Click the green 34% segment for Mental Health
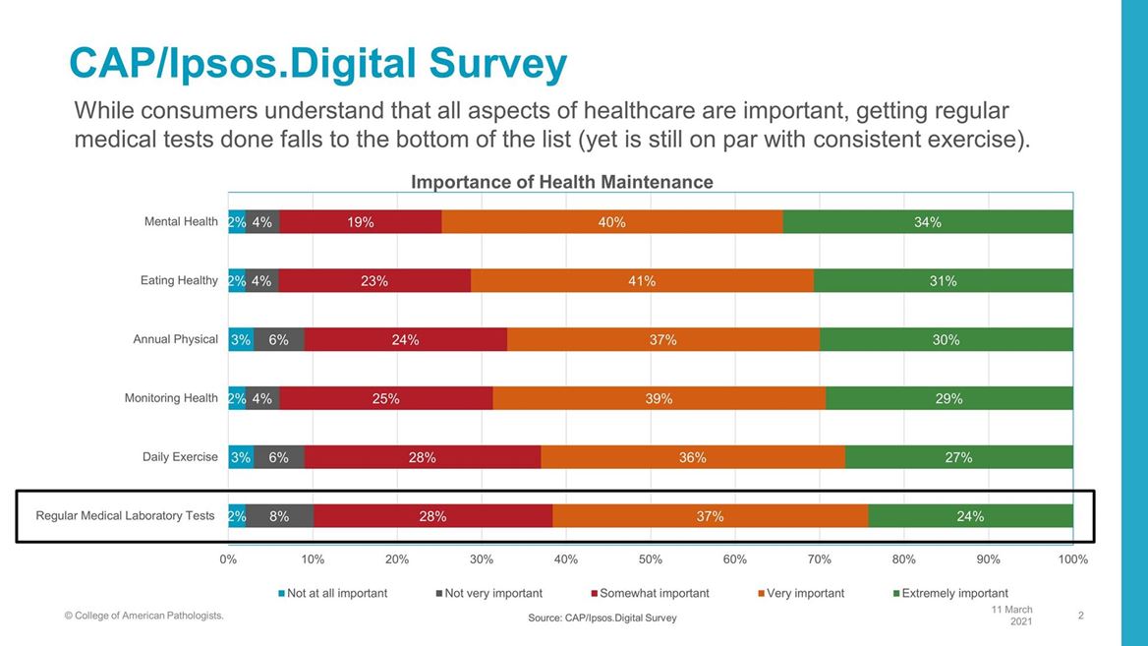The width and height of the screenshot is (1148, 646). (927, 222)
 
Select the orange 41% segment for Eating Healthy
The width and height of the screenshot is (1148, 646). (642, 281)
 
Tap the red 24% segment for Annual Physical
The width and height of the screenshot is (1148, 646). (405, 340)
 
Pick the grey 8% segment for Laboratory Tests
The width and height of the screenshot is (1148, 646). (279, 516)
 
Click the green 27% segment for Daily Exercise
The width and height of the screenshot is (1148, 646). (958, 457)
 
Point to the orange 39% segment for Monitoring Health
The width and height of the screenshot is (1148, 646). (659, 398)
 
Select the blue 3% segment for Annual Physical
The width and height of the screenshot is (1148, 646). (241, 340)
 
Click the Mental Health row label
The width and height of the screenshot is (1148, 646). (181, 221)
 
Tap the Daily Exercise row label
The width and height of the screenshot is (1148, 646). (180, 457)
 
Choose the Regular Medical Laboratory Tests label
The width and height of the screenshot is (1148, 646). (125, 515)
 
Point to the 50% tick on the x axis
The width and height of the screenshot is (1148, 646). (651, 558)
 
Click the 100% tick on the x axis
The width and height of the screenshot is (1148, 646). (1072, 558)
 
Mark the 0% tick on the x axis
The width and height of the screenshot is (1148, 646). (228, 558)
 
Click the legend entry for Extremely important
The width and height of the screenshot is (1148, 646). (954, 593)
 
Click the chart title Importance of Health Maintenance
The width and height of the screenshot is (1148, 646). (561, 182)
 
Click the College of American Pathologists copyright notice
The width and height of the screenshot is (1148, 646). (143, 616)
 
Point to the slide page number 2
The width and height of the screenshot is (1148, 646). (1080, 616)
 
